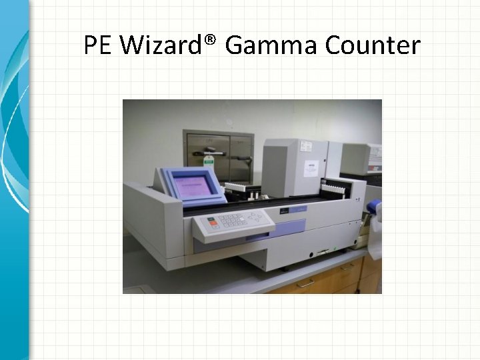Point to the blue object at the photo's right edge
coord(375,207)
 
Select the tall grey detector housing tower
coord(295,167)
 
